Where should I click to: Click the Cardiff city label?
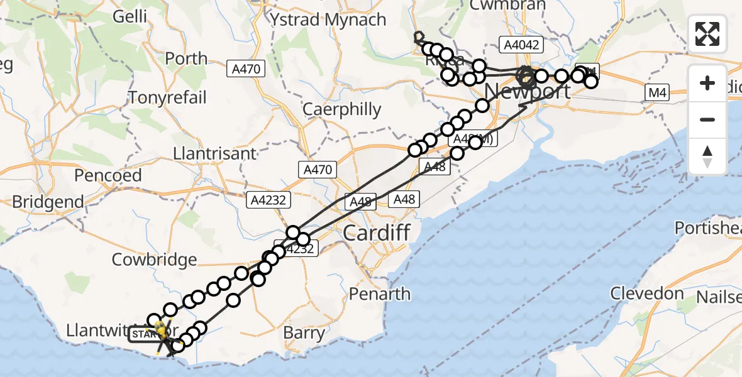coord(377,233)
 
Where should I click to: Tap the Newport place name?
coord(528,91)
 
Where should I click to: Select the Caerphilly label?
coord(341,109)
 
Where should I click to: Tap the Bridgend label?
coord(48,202)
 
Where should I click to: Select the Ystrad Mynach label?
coord(328,19)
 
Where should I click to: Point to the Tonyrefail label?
coord(167,97)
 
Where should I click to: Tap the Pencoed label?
coord(108,175)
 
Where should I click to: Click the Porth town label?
coord(185,59)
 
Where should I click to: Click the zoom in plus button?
coord(707,83)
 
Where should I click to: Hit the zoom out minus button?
coord(707,119)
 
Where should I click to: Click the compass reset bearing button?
coord(707,156)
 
